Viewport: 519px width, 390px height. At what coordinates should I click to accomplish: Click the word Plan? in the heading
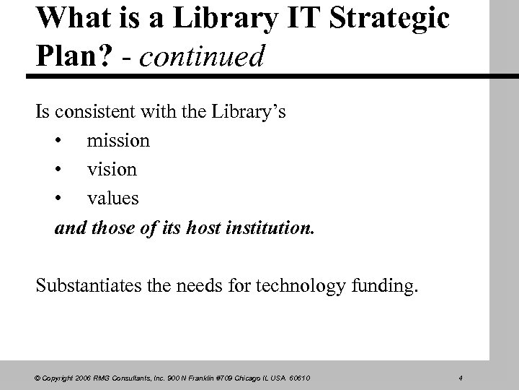68,56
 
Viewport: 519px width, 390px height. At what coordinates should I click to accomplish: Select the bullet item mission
118,140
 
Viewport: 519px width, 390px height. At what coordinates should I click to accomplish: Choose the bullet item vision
112,168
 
